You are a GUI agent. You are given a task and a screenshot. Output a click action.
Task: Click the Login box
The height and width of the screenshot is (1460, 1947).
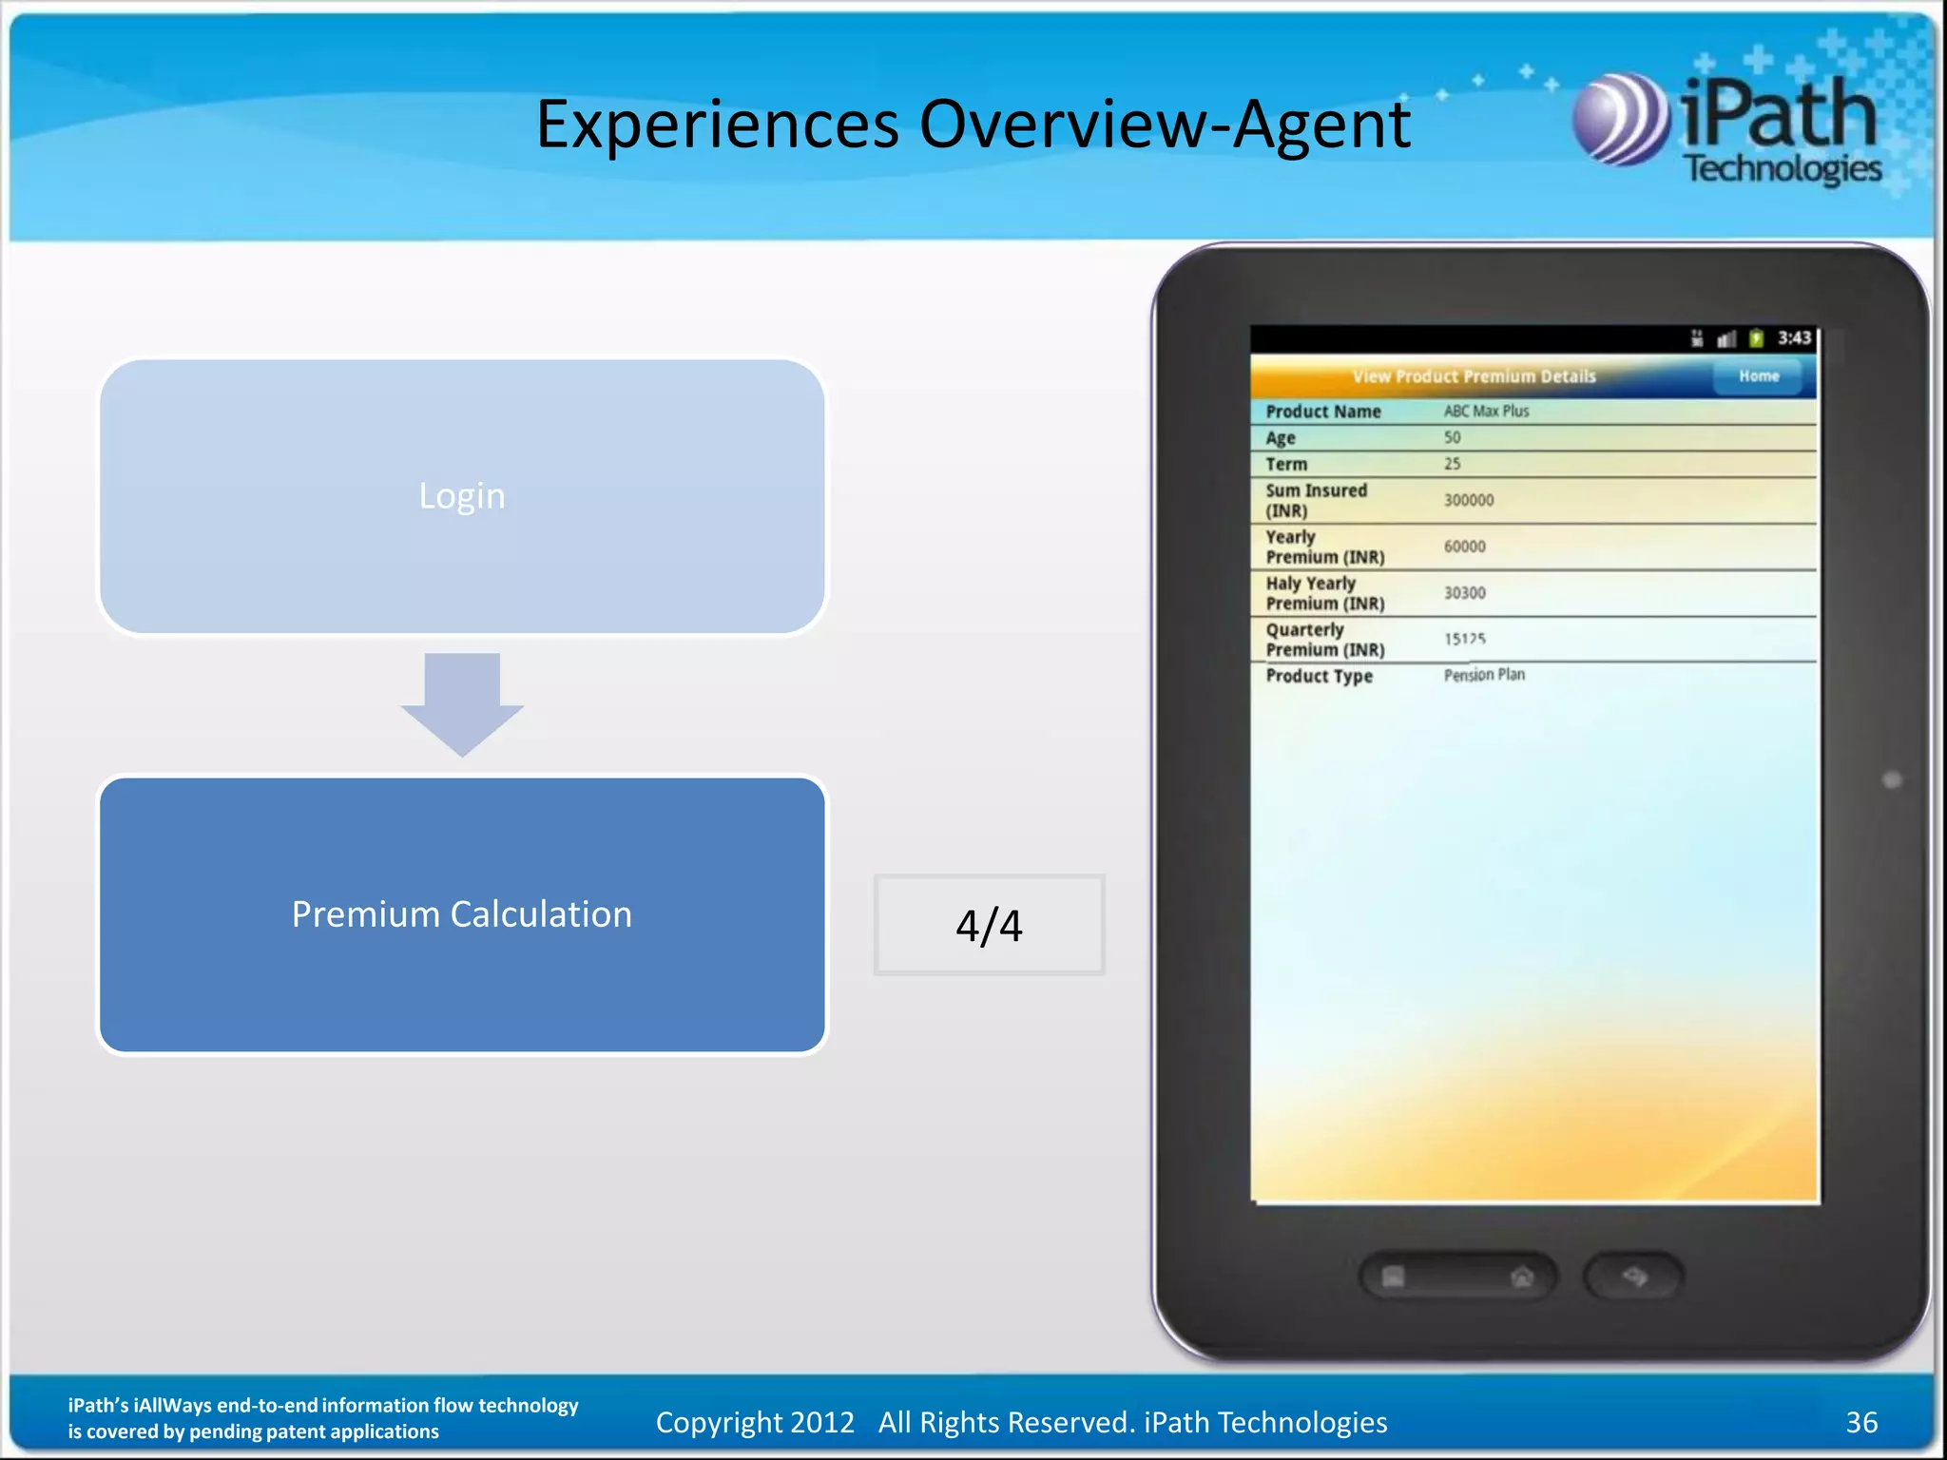[462, 496]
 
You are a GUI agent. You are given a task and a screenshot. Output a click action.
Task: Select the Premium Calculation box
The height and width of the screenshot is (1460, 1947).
[462, 914]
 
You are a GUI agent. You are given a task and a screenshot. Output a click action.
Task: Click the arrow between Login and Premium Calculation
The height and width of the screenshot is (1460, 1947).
[462, 703]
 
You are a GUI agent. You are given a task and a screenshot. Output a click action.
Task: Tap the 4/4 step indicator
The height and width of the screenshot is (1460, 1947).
[989, 925]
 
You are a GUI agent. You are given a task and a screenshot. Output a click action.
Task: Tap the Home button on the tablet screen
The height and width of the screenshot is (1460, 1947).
[1759, 376]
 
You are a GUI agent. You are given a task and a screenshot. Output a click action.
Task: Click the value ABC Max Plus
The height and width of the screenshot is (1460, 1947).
[1486, 411]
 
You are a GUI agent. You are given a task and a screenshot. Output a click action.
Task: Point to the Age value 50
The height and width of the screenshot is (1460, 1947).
[1452, 437]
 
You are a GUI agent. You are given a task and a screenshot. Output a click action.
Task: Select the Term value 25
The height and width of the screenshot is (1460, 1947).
[1452, 464]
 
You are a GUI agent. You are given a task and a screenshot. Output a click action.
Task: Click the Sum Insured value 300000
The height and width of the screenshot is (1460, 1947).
[1469, 500]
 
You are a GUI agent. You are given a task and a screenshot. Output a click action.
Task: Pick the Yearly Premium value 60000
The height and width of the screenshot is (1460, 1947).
[1464, 547]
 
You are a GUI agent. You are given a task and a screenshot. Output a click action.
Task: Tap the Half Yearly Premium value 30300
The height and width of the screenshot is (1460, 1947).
[1464, 593]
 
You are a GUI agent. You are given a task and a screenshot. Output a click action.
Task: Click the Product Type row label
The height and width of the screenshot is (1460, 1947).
[1319, 676]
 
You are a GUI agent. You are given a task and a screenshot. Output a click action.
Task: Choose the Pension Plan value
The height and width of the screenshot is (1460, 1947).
[1484, 675]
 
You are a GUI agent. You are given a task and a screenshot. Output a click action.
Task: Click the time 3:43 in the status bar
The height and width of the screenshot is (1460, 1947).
[1794, 338]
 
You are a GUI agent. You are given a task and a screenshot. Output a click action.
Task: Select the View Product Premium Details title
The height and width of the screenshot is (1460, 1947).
[1474, 376]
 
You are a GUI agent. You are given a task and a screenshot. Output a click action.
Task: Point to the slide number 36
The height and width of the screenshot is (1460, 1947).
[1861, 1422]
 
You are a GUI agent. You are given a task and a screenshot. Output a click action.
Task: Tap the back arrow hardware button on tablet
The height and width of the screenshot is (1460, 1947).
[1633, 1277]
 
